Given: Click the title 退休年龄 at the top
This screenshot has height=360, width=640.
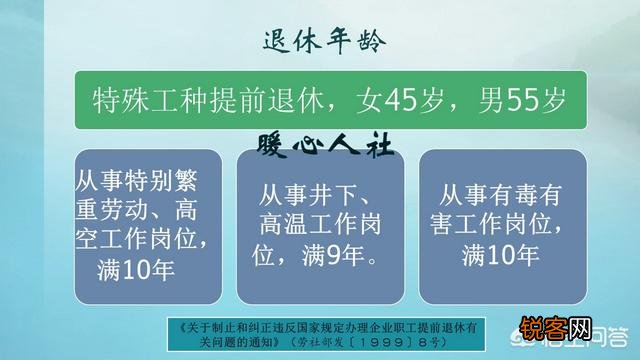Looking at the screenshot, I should (320, 42).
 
